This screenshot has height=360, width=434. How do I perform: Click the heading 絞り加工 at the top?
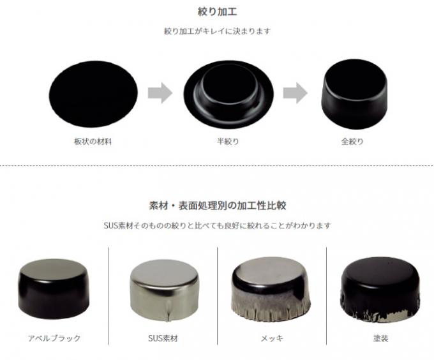217,12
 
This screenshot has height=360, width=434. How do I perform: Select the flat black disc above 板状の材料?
93,94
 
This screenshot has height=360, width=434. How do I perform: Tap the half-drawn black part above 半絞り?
228,94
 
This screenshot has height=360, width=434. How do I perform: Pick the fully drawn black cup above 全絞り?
354,94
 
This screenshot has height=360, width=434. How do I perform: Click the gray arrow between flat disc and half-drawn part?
160,93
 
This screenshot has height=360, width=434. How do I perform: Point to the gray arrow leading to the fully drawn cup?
295,93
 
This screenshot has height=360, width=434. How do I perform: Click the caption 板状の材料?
93,142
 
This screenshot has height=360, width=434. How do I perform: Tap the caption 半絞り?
228,142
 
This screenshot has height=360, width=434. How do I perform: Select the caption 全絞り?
352,142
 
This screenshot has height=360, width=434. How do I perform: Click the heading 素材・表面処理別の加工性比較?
217,206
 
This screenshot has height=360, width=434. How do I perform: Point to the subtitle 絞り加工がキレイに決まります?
217,31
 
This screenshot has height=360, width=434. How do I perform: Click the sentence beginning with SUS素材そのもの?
217,225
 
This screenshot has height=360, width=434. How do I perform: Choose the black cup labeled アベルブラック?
54,289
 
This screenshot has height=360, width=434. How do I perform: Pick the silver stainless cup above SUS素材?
164,290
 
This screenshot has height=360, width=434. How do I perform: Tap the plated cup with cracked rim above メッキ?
271,289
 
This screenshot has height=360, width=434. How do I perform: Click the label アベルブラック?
54,338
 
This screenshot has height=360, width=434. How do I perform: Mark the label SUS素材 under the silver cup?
163,338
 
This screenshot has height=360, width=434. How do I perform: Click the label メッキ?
272,338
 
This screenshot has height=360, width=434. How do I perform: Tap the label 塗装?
380,338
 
